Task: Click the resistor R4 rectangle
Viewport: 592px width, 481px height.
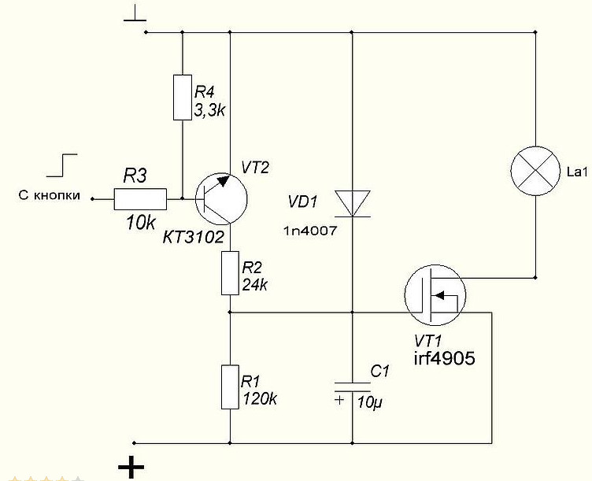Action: pyautogui.click(x=183, y=98)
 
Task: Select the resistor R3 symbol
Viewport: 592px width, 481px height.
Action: pyautogui.click(x=140, y=199)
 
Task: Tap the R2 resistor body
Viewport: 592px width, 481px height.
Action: pyautogui.click(x=230, y=273)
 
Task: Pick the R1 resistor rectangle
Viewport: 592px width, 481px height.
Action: pyautogui.click(x=230, y=387)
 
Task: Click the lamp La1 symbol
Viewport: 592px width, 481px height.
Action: pyautogui.click(x=535, y=171)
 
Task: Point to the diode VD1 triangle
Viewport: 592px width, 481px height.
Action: pyautogui.click(x=352, y=203)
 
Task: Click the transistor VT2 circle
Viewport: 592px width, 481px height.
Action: pyautogui.click(x=221, y=199)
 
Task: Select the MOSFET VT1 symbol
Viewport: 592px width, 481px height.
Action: pyautogui.click(x=435, y=294)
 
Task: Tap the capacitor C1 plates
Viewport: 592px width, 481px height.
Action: pyautogui.click(x=352, y=387)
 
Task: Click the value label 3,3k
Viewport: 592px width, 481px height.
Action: pyautogui.click(x=209, y=110)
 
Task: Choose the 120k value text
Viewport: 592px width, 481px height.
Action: pyautogui.click(x=259, y=398)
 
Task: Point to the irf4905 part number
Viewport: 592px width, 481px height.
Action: pyautogui.click(x=444, y=358)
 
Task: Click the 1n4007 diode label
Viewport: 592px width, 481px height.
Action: pyautogui.click(x=310, y=231)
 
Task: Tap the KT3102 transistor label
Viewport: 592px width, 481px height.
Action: pyautogui.click(x=194, y=238)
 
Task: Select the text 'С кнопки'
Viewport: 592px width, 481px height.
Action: pyautogui.click(x=50, y=195)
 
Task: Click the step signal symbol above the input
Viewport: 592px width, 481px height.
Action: pyautogui.click(x=62, y=165)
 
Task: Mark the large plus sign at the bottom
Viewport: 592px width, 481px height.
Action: pyautogui.click(x=131, y=468)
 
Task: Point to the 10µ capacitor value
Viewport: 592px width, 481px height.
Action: pyautogui.click(x=370, y=403)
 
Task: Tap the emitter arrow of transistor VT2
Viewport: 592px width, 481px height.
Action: pyautogui.click(x=224, y=181)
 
